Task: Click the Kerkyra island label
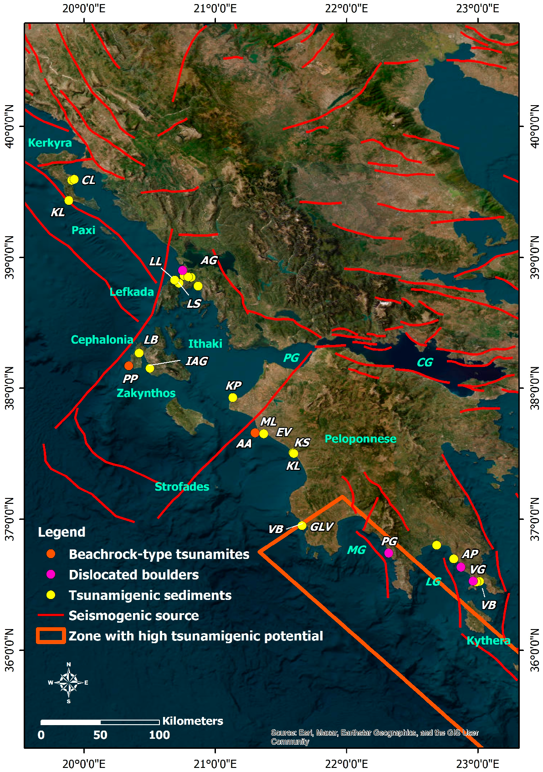pyautogui.click(x=50, y=143)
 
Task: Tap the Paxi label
pyautogui.click(x=83, y=230)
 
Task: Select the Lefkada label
pyautogui.click(x=132, y=292)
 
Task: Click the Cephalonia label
pyautogui.click(x=102, y=340)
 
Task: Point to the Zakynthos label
pyautogui.click(x=146, y=393)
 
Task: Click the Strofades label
pyautogui.click(x=182, y=487)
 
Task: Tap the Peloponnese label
pyautogui.click(x=360, y=439)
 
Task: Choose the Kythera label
pyautogui.click(x=488, y=640)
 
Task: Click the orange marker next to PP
pyautogui.click(x=129, y=366)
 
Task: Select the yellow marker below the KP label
pyautogui.click(x=233, y=398)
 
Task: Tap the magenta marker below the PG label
pyautogui.click(x=389, y=553)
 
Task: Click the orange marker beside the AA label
pyautogui.click(x=255, y=433)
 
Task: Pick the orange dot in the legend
pyautogui.click(x=51, y=554)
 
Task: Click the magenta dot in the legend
pyautogui.click(x=51, y=574)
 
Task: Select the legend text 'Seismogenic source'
pyautogui.click(x=133, y=615)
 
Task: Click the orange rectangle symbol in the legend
pyautogui.click(x=51, y=636)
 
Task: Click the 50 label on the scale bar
pyautogui.click(x=100, y=735)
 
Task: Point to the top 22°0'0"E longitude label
pyautogui.click(x=347, y=8)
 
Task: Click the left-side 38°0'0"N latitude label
pyautogui.click(x=9, y=388)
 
